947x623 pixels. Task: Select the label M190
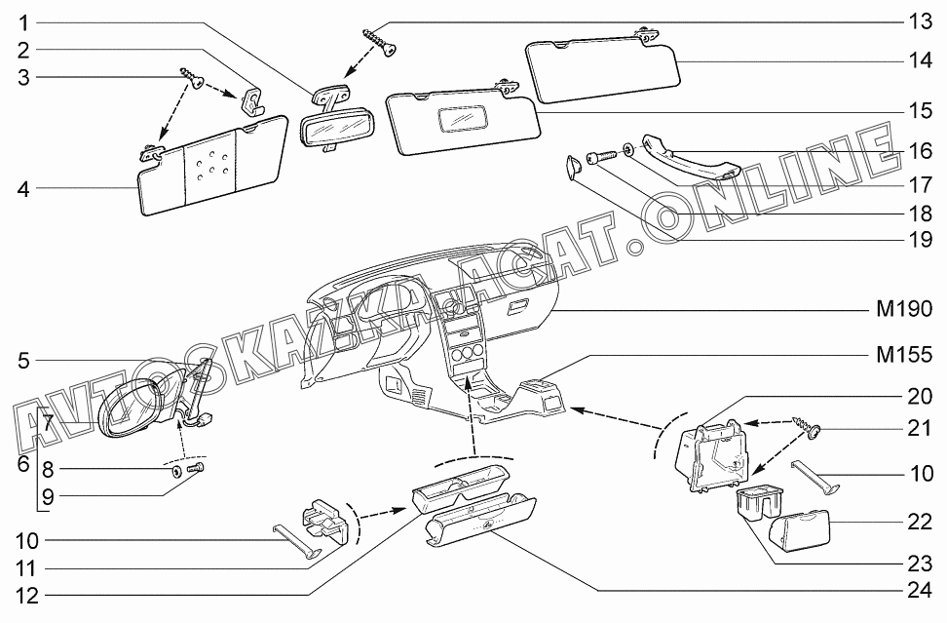point(904,311)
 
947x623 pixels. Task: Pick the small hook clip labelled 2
point(252,99)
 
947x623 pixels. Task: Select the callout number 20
point(920,398)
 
